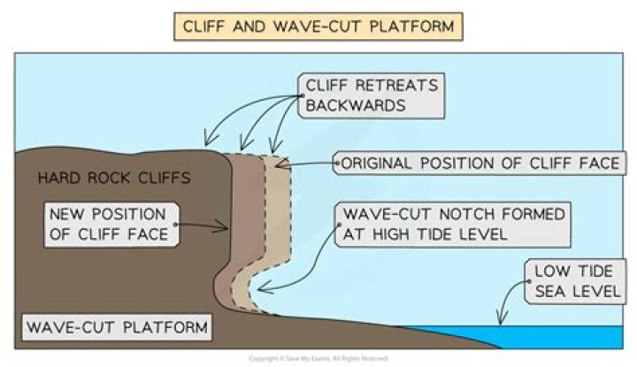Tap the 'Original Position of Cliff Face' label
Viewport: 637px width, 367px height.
[x=479, y=164]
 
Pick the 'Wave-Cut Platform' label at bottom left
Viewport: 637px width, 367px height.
[x=117, y=328]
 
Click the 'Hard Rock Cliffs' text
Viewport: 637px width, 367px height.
[x=113, y=178]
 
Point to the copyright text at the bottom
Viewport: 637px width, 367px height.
[x=318, y=358]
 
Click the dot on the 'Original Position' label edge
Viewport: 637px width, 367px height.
[x=334, y=164]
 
